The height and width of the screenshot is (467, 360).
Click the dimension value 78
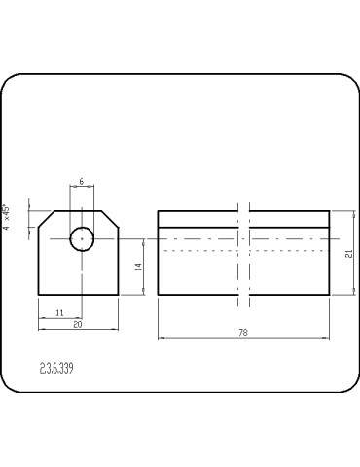click(242, 332)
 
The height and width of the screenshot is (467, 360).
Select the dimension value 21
click(347, 253)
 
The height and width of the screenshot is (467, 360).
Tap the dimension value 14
click(138, 267)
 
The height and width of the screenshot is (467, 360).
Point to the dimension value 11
click(59, 312)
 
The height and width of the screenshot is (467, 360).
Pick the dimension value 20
click(78, 324)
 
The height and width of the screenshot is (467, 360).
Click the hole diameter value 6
click(81, 182)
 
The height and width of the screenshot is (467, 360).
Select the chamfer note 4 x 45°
click(7, 218)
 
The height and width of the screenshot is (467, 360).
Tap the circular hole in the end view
click(82, 237)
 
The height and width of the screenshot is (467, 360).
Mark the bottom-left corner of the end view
click(38, 296)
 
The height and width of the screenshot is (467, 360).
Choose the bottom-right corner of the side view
click(329, 296)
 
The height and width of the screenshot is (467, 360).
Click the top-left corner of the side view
click(158, 210)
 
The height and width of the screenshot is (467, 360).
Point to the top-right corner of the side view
click(329, 210)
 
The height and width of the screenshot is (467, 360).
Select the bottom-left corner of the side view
click(158, 296)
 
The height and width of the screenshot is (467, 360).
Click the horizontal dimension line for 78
click(195, 338)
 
